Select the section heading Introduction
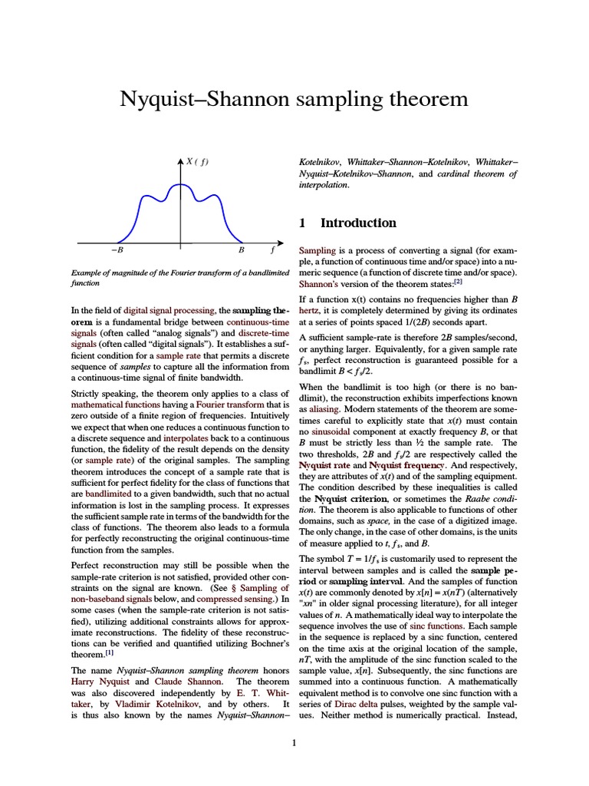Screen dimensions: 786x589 358,223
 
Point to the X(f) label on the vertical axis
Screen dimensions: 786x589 197,161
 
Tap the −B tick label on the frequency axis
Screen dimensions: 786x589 117,250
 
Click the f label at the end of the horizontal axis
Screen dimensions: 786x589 273,250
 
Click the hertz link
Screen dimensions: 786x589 311,310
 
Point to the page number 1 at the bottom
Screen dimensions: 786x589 294,743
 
